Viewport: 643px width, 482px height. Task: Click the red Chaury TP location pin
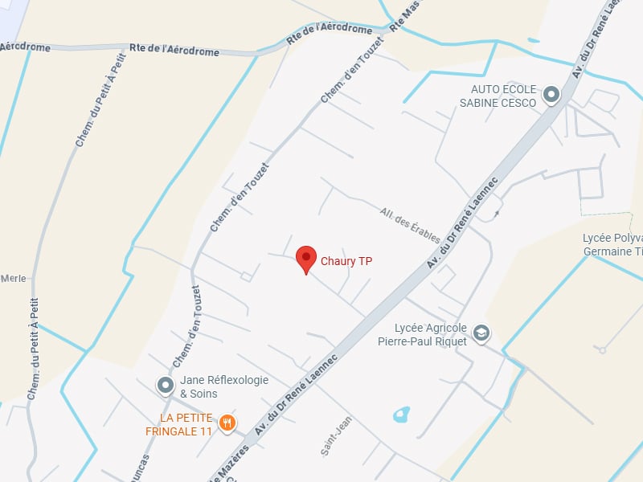tap(305, 259)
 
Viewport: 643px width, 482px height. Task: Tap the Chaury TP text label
tap(346, 261)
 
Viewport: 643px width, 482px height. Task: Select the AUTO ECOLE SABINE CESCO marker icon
tap(551, 96)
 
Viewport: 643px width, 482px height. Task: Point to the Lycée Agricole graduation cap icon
tap(481, 333)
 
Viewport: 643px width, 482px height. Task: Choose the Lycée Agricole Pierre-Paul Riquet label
tap(423, 334)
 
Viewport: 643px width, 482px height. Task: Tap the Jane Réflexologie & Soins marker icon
tap(166, 386)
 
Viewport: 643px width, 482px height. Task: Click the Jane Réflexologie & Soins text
tap(224, 386)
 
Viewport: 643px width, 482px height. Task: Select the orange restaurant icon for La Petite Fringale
tap(227, 423)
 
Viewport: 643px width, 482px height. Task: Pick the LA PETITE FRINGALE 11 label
tap(185, 424)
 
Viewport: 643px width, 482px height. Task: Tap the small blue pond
tap(399, 415)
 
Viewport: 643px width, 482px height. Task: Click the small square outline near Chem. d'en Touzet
tap(247, 277)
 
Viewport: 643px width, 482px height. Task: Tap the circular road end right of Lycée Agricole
tap(601, 350)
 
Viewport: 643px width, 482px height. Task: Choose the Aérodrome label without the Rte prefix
tap(24, 47)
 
